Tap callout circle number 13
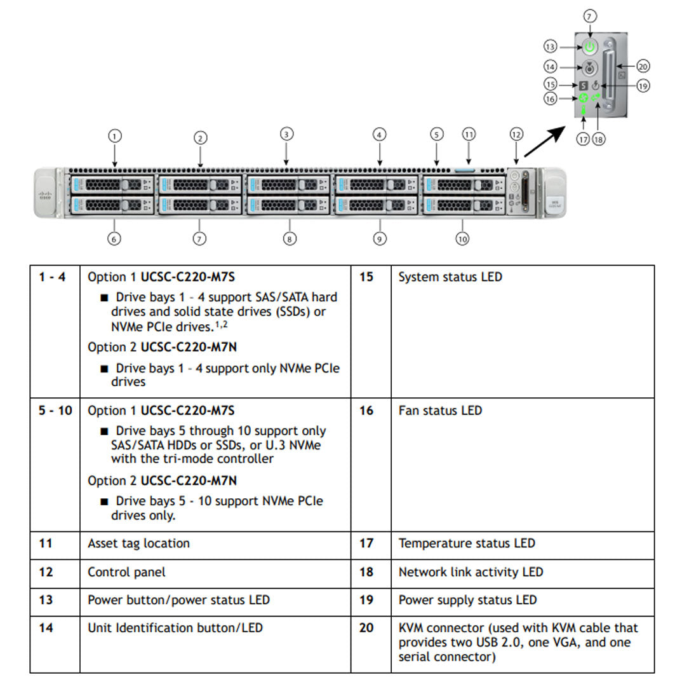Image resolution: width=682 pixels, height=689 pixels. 550,46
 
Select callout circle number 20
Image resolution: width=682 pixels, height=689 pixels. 643,66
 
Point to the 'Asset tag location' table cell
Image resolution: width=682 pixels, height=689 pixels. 138,543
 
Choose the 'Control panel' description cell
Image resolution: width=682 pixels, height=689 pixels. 126,572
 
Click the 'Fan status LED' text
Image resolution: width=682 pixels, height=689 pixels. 440,411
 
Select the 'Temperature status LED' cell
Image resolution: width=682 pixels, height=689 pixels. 467,543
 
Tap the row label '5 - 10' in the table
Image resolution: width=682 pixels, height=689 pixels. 55,411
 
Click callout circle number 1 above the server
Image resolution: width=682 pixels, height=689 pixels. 114,135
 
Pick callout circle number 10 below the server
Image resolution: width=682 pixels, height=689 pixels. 462,239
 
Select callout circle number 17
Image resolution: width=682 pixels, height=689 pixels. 583,139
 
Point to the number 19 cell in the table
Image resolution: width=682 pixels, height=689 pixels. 367,600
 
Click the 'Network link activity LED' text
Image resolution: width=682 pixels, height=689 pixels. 471,572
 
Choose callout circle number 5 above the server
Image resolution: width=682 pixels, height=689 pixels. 436,134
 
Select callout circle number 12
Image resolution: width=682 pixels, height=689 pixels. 516,134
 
